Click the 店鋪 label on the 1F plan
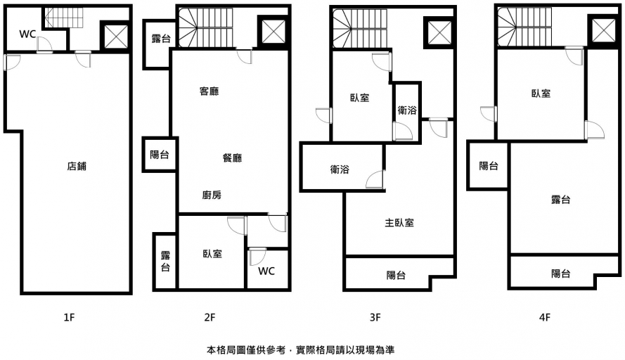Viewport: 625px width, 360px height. pos(77,167)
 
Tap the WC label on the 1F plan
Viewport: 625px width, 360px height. pos(27,34)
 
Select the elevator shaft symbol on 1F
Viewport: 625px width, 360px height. pos(115,35)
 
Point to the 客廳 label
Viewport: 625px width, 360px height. pos(209,91)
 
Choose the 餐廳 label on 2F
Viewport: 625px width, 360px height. pos(232,158)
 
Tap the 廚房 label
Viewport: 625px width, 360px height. pos(212,195)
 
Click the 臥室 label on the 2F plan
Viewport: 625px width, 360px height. pos(212,253)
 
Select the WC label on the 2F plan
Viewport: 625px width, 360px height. pos(266,271)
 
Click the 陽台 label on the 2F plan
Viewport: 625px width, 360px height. pos(160,155)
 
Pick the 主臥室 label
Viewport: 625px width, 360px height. pos(399,223)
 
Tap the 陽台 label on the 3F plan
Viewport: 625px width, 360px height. pos(396,275)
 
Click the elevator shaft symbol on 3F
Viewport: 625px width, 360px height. pos(436,33)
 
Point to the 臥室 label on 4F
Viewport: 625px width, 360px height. pos(541,94)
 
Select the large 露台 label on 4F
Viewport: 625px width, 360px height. pos(560,200)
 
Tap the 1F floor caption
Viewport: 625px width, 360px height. pos(68,317)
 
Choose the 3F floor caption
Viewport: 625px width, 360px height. pos(375,317)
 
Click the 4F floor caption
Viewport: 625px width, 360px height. pos(543,317)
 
